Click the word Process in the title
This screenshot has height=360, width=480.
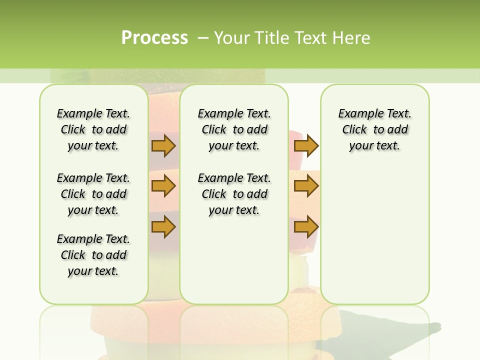click(154, 37)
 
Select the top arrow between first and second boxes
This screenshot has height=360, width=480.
click(163, 145)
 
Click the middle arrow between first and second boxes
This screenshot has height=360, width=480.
click(163, 186)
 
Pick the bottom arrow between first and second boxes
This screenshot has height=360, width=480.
click(163, 227)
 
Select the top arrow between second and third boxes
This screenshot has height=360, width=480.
click(306, 145)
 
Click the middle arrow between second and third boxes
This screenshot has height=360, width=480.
click(306, 186)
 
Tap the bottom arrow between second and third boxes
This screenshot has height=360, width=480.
click(306, 227)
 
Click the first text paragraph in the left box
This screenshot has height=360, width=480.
click(93, 129)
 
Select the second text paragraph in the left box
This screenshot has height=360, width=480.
click(93, 194)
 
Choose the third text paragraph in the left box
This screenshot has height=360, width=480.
click(93, 255)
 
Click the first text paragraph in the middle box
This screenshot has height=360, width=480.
click(234, 129)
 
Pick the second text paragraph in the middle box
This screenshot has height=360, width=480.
click(234, 194)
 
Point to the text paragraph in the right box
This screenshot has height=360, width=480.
click(374, 129)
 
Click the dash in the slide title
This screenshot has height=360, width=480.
click(203, 38)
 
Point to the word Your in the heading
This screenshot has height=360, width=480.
click(229, 38)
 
